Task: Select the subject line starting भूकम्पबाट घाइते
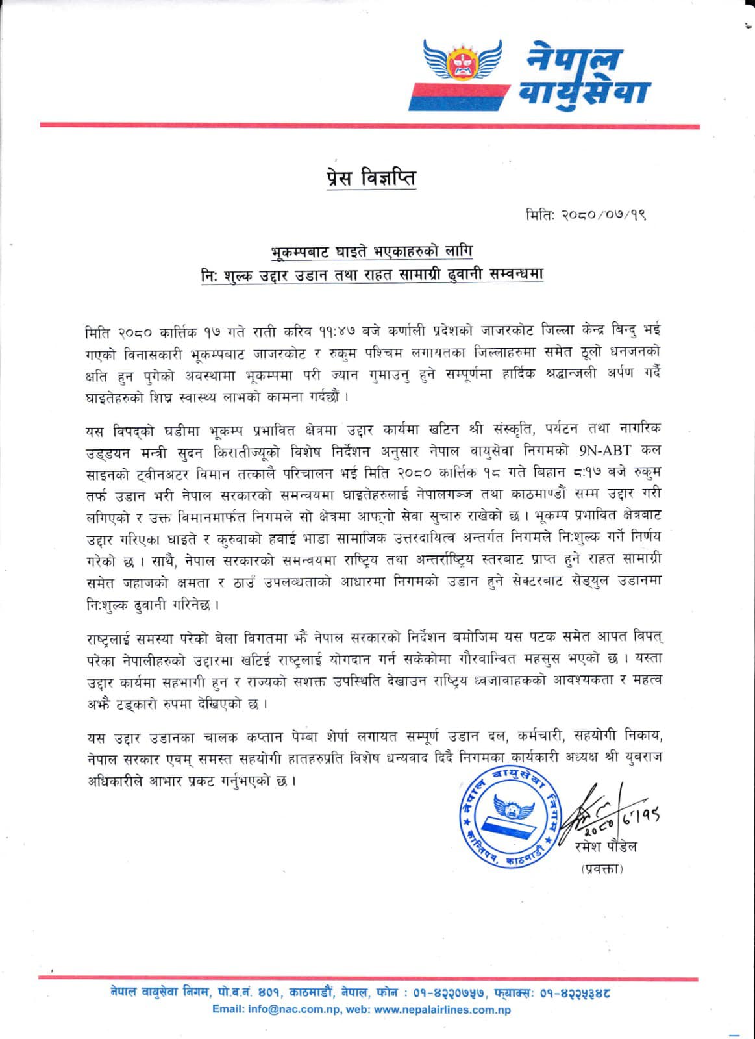(x=372, y=251)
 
